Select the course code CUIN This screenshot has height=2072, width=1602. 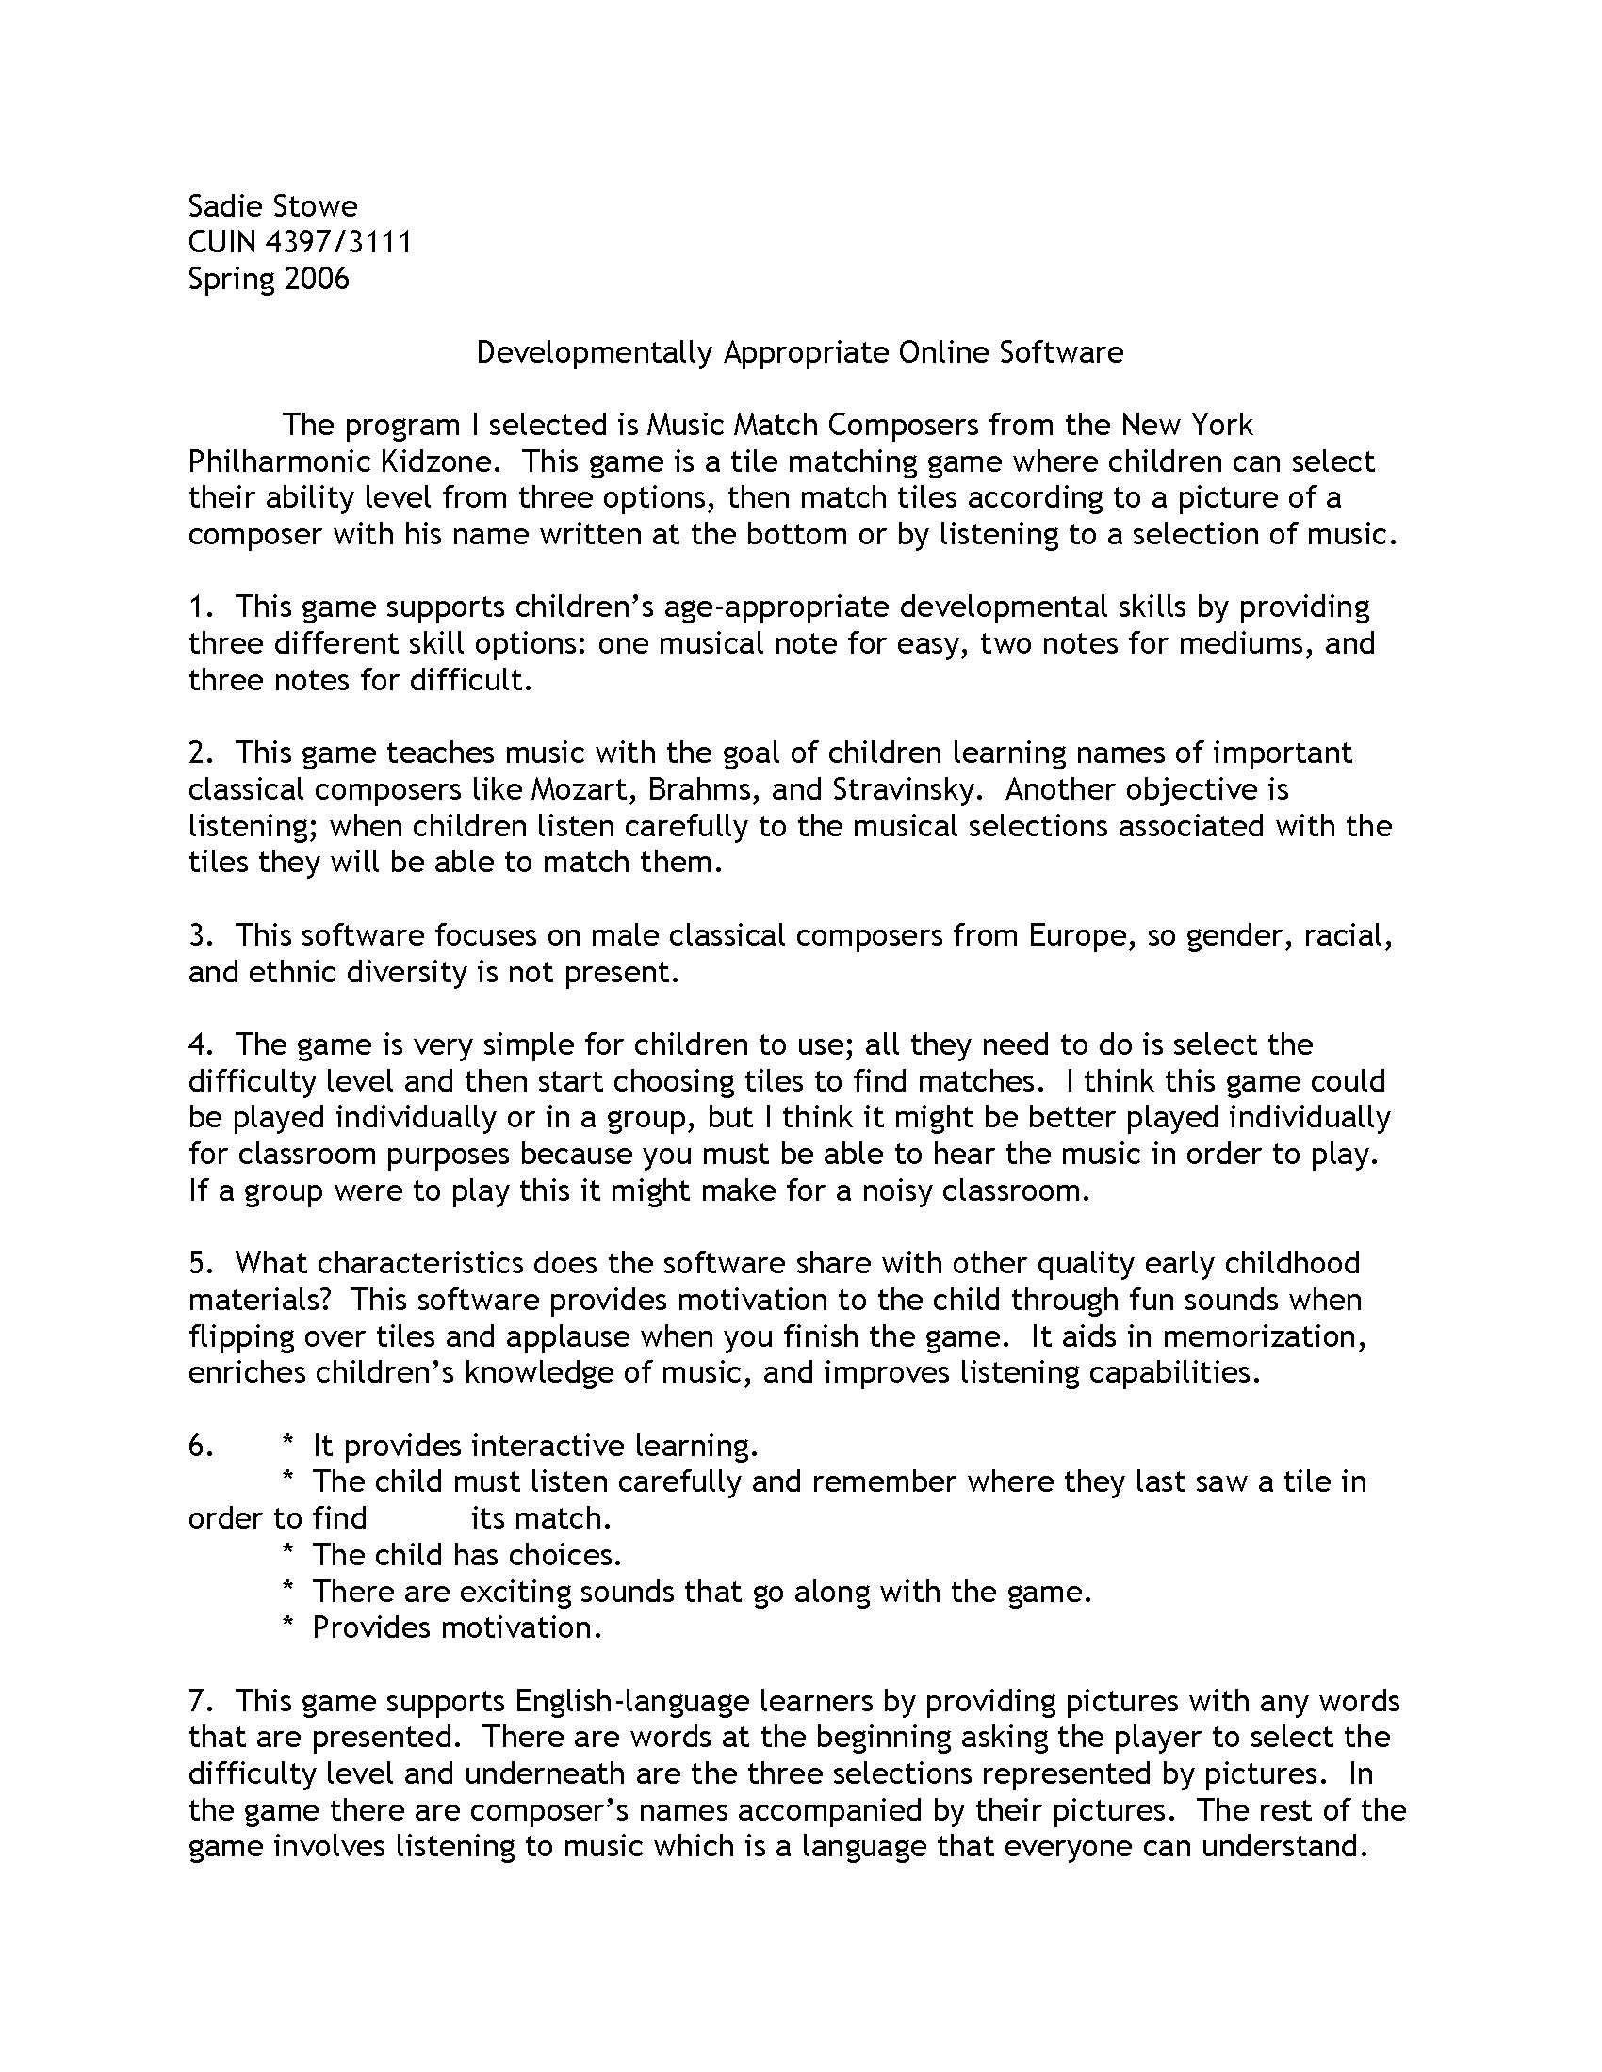tap(222, 243)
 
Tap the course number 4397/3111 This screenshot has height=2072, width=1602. tap(339, 243)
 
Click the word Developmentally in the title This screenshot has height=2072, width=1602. tap(594, 353)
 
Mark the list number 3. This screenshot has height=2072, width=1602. tap(197, 935)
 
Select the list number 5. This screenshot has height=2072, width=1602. tap(197, 1264)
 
